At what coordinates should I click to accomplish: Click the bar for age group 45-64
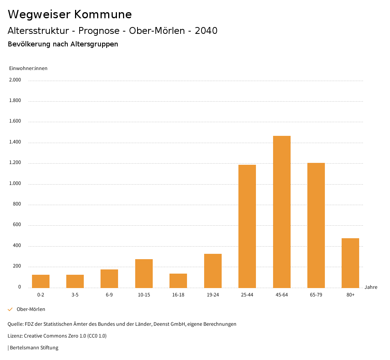coord(281,212)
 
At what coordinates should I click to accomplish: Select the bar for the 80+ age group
coord(350,263)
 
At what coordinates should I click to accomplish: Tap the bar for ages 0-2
coord(41,281)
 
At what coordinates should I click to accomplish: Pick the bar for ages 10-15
coord(144,273)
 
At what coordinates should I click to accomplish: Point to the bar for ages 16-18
coord(178,280)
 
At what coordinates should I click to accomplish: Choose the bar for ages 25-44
coord(247,226)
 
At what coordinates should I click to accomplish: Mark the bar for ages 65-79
coord(316,225)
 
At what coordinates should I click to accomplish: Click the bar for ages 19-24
coord(213,271)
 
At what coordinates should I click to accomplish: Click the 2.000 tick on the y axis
coord(15,80)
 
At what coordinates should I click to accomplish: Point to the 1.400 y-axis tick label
coord(15,142)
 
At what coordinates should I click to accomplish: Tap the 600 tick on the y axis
coord(17,225)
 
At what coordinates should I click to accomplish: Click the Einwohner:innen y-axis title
coord(28,68)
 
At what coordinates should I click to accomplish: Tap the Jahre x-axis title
coord(371,287)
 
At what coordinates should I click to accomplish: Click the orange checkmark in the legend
coord(10,309)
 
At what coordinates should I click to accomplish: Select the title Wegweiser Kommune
coord(70,14)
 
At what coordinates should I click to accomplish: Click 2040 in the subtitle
coord(206,31)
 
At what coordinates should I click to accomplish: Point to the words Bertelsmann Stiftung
coord(34,348)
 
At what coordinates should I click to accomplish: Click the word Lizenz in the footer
coord(15,336)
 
